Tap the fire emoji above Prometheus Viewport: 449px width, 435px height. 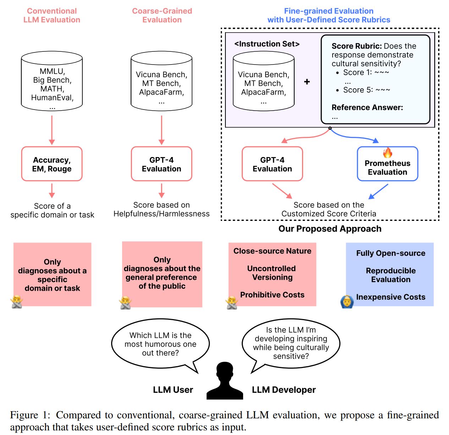pyautogui.click(x=388, y=153)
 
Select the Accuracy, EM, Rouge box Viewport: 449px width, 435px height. pyautogui.click(x=52, y=164)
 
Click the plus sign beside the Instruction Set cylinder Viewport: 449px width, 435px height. pyautogui.click(x=307, y=82)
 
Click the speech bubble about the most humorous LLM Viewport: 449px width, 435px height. pyautogui.click(x=160, y=344)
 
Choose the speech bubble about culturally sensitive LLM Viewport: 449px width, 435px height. pyautogui.click(x=291, y=343)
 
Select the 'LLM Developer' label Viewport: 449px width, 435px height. pyautogui.click(x=284, y=390)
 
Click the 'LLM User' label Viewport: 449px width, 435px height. pyautogui.click(x=173, y=390)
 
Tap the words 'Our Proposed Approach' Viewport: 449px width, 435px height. pyautogui.click(x=330, y=229)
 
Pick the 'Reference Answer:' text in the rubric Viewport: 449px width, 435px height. pyautogui.click(x=367, y=107)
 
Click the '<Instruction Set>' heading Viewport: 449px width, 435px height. pyautogui.click(x=267, y=44)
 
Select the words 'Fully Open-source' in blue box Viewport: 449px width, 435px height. pyautogui.click(x=390, y=253)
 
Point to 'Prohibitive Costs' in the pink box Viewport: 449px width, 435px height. pyautogui.click(x=272, y=295)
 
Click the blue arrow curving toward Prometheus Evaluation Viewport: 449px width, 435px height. pyautogui.click(x=355, y=136)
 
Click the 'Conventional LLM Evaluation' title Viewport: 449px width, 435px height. pyautogui.click(x=52, y=15)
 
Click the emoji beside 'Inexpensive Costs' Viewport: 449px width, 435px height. pyautogui.click(x=347, y=302)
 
